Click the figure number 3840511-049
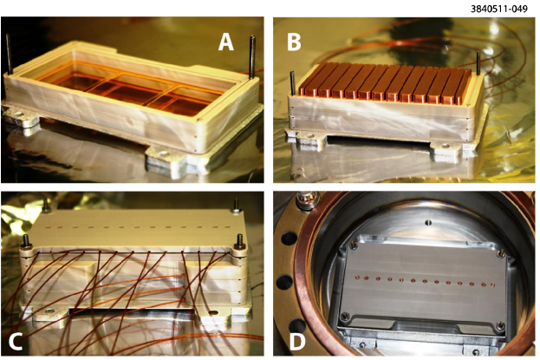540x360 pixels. pyautogui.click(x=499, y=9)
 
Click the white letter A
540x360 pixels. pyautogui.click(x=226, y=43)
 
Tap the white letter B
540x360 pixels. pyautogui.click(x=294, y=43)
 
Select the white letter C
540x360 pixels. pyautogui.click(x=16, y=342)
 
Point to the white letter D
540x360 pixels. pyautogui.click(x=297, y=342)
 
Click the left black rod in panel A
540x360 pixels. pyautogui.click(x=9, y=54)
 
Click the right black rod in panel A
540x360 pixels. pyautogui.click(x=252, y=57)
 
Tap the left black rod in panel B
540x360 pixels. pyautogui.click(x=293, y=83)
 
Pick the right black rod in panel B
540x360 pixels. pyautogui.click(x=478, y=63)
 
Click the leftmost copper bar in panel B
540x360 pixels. pyautogui.click(x=308, y=79)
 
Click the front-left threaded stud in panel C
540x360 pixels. pyautogui.click(x=26, y=242)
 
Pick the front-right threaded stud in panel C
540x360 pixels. pyautogui.click(x=238, y=242)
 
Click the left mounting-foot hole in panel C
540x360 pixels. pyautogui.click(x=49, y=311)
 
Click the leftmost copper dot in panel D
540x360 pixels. pyautogui.click(x=357, y=277)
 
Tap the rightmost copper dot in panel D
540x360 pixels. pyautogui.click(x=492, y=285)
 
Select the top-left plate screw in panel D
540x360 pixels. pyautogui.click(x=352, y=245)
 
